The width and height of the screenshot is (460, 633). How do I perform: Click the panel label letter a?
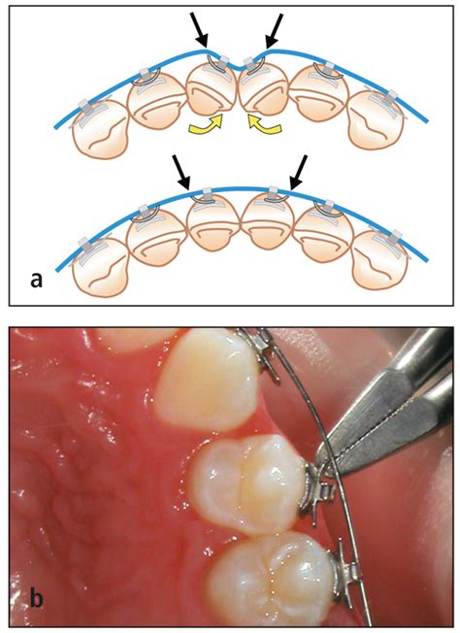click(36, 280)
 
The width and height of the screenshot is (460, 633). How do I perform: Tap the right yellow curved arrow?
click(264, 124)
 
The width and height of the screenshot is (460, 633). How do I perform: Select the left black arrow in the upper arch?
click(199, 30)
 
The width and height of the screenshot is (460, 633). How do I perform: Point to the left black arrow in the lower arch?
click(181, 173)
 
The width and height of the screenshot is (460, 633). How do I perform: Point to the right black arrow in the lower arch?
click(299, 173)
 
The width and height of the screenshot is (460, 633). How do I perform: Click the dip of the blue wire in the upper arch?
click(238, 69)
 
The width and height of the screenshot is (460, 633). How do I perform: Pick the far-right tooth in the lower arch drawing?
click(379, 260)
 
